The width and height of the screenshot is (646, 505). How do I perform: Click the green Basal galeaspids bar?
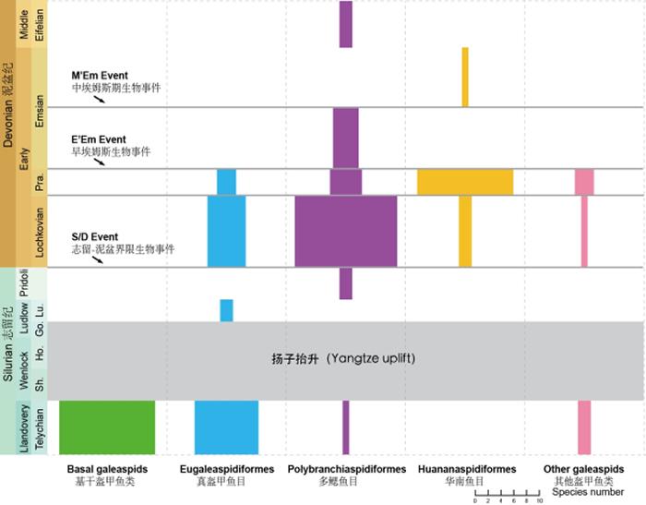[107, 427]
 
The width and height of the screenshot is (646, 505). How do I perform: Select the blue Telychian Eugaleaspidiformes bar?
[226, 427]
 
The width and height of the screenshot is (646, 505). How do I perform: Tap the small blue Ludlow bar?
[226, 310]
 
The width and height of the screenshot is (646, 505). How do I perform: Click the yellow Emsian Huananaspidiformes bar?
[465, 77]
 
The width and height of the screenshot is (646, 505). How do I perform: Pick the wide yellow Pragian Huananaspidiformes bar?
[465, 182]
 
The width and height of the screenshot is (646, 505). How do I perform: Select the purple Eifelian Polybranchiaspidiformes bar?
[346, 24]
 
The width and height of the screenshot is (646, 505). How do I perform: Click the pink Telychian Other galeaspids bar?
[584, 427]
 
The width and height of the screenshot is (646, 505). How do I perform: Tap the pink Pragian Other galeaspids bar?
[584, 182]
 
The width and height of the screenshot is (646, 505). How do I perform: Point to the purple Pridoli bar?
[346, 283]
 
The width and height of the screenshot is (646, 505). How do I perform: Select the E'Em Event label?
[98, 138]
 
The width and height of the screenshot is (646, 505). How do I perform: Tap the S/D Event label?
[95, 237]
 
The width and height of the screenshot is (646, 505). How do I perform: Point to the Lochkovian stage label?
[39, 231]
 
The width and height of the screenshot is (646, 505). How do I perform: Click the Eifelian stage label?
[39, 24]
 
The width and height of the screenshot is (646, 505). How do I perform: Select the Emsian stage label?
[39, 112]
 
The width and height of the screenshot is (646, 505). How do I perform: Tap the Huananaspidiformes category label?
[465, 470]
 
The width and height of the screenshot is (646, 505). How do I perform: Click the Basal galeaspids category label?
[102, 470]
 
